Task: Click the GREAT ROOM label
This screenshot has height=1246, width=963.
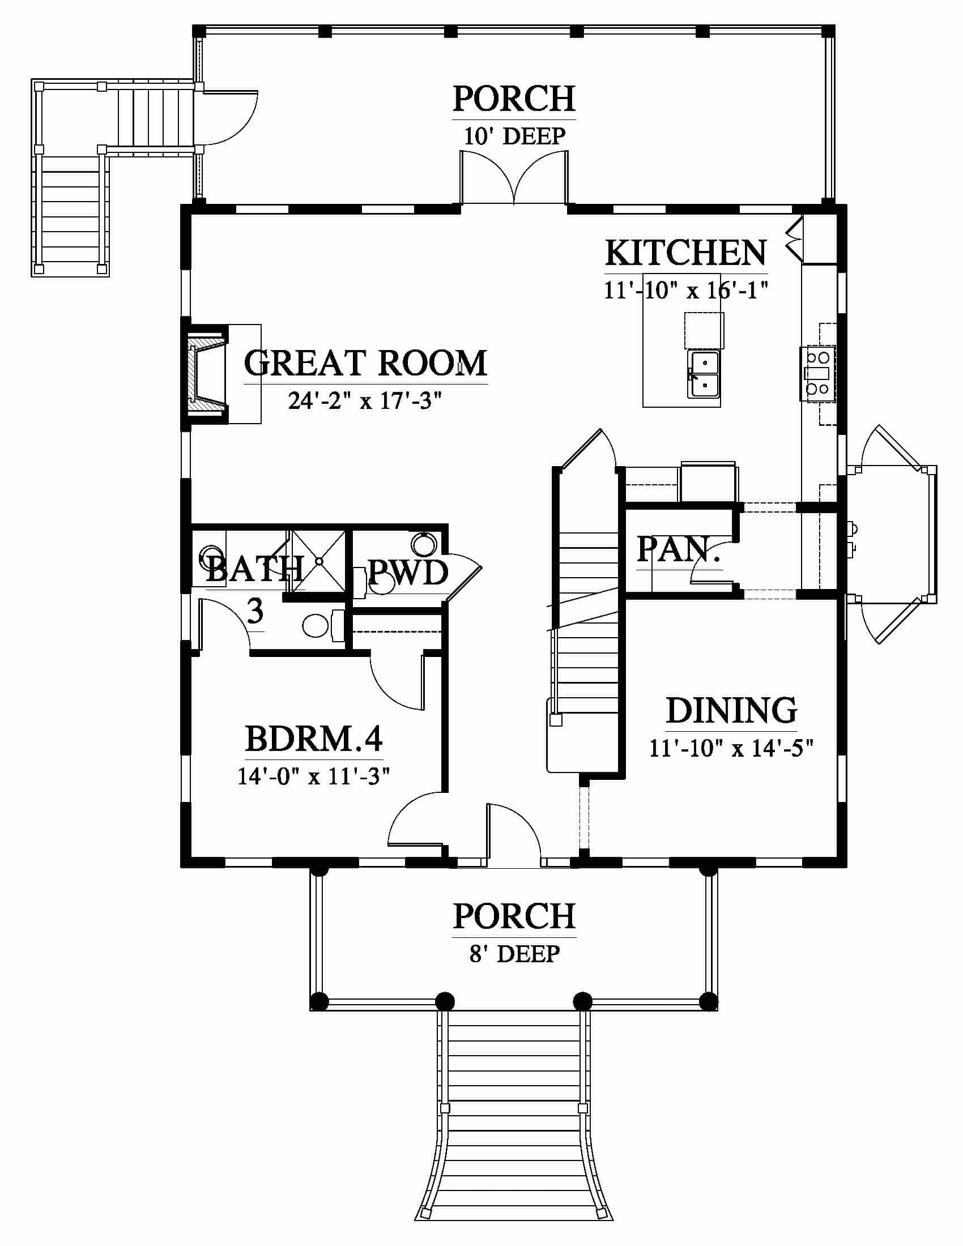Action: (366, 363)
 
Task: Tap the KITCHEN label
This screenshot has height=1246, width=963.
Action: (686, 253)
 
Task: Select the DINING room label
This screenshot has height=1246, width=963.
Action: (731, 711)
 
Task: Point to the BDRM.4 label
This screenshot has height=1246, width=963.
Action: (314, 739)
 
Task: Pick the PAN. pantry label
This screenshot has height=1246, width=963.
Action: (677, 549)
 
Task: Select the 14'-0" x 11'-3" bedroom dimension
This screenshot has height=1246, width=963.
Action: (314, 776)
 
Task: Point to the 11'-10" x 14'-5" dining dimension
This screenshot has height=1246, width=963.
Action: (731, 748)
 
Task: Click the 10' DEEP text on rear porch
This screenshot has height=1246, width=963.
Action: (514, 136)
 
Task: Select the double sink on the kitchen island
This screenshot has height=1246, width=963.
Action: (704, 374)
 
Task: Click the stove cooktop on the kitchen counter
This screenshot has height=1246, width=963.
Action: (817, 374)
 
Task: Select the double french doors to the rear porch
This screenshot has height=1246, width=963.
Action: (514, 177)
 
